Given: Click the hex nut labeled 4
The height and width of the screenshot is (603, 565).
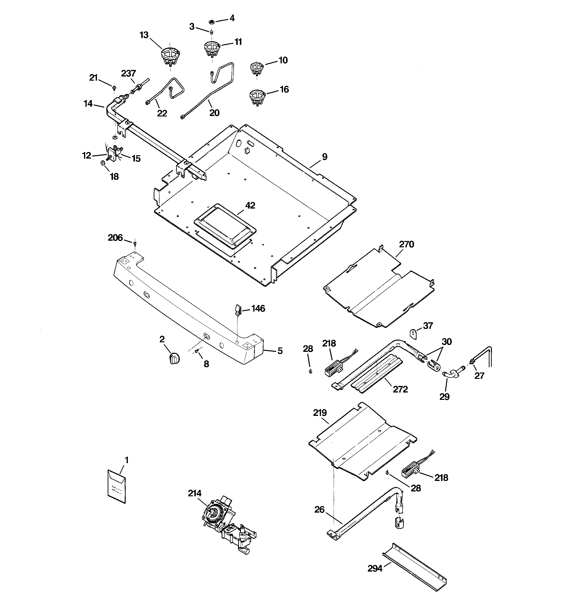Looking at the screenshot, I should [212, 22].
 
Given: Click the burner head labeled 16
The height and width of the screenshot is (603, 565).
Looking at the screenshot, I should [257, 97].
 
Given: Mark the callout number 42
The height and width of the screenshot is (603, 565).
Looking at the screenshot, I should [250, 205].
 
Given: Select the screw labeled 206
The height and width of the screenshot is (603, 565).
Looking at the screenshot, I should [135, 243].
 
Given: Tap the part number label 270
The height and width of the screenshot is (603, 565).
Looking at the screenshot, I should [406, 244].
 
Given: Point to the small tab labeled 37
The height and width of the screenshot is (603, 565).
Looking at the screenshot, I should [414, 333].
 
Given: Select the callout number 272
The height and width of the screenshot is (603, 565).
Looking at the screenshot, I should [400, 389].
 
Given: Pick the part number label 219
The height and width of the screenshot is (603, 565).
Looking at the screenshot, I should [320, 413].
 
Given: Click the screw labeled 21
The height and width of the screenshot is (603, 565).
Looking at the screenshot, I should [114, 88].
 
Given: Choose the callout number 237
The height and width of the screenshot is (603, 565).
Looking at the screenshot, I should [128, 73].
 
